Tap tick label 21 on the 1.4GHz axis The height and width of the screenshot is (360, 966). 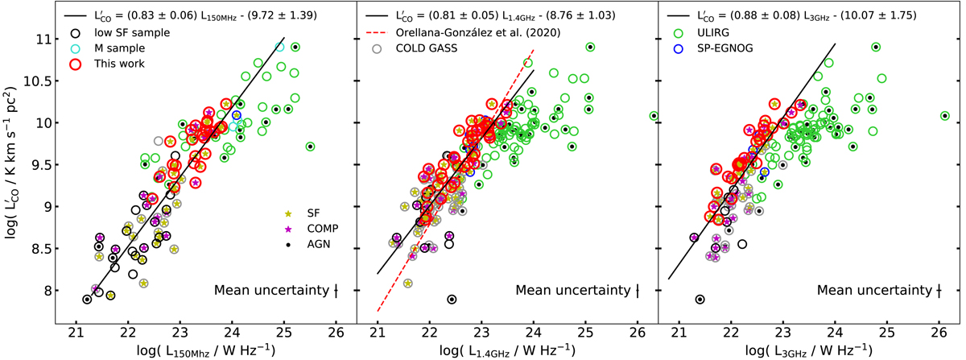tap(377, 329)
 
